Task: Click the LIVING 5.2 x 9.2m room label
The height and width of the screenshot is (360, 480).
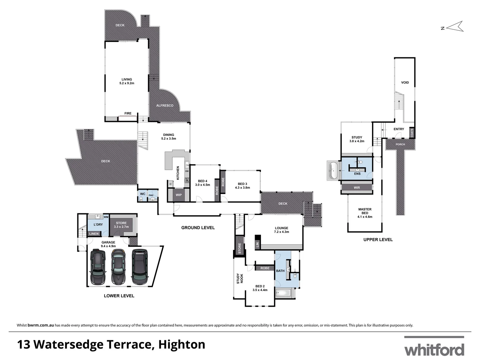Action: (127, 81)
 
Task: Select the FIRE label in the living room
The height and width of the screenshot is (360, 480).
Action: (128, 113)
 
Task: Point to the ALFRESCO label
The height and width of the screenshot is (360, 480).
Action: (165, 106)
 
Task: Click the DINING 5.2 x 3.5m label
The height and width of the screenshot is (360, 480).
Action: (169, 137)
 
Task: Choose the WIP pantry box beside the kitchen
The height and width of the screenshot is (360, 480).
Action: (179, 195)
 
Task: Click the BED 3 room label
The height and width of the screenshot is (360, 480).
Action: (242, 186)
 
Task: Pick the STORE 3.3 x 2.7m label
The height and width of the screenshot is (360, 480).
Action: (121, 225)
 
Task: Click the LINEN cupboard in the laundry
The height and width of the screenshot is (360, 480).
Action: (94, 234)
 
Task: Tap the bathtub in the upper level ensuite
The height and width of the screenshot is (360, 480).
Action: (333, 170)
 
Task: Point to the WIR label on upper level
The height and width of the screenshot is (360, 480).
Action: (357, 188)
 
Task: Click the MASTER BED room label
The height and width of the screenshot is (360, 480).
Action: (365, 213)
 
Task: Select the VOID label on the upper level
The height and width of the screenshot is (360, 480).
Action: (405, 83)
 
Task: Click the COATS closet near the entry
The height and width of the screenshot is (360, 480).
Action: (412, 133)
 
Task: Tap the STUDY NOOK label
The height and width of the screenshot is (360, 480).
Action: (240, 279)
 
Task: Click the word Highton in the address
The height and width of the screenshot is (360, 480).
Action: (182, 344)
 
